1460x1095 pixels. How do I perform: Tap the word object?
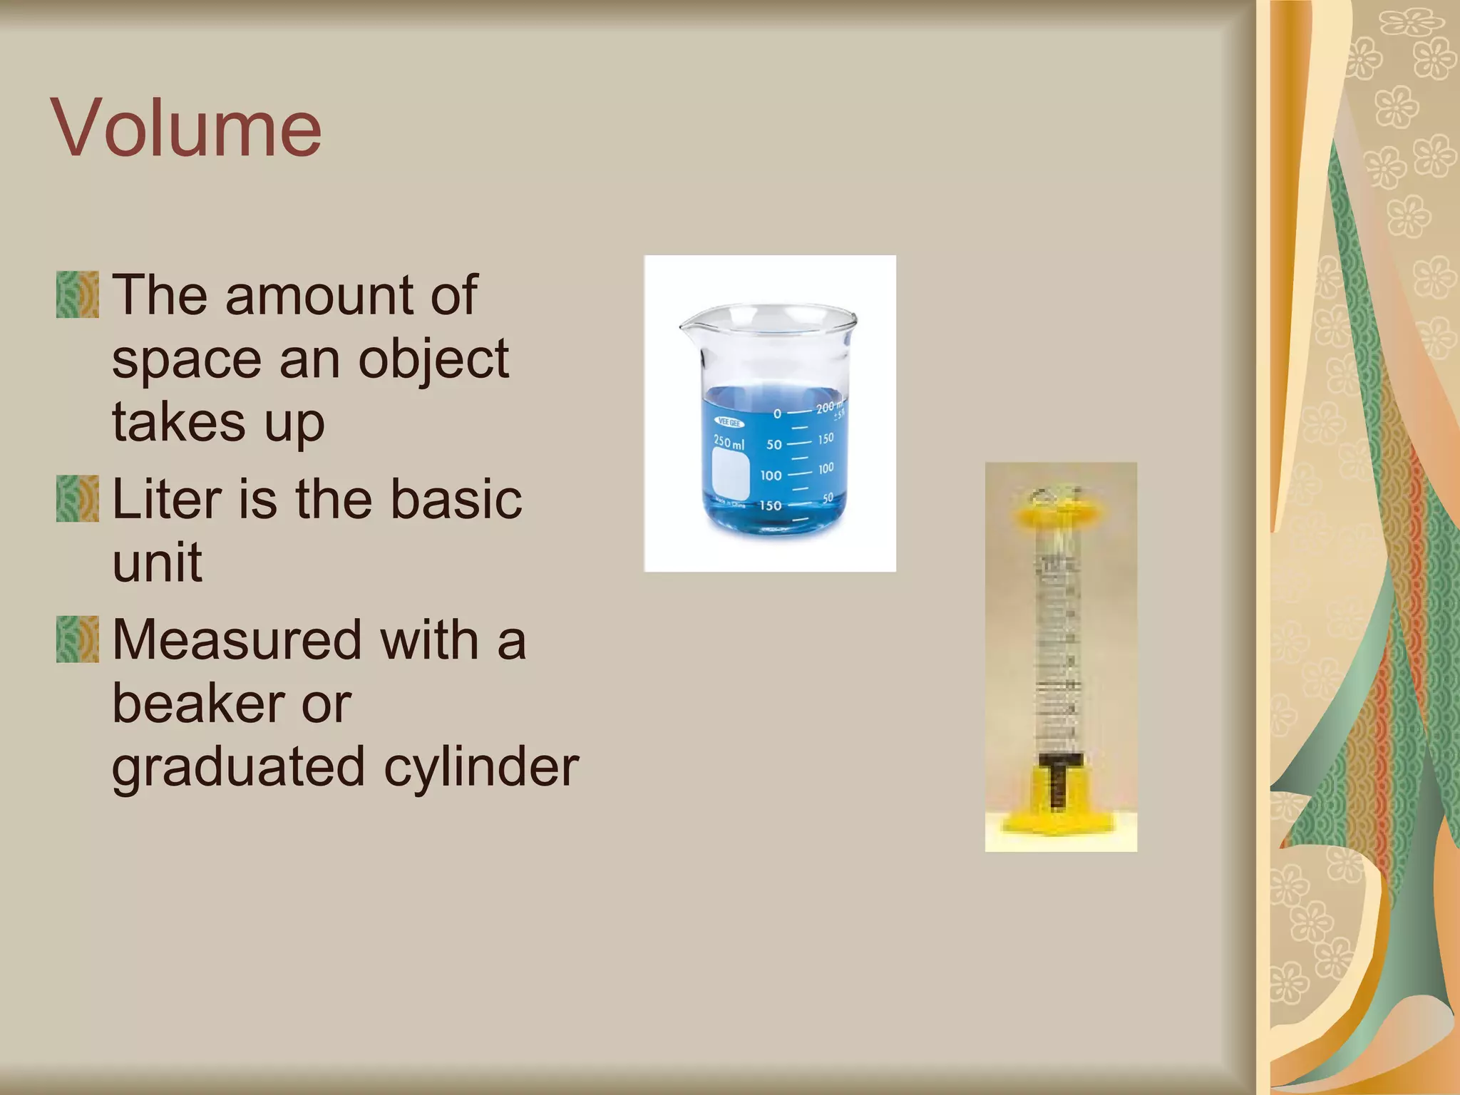click(x=433, y=361)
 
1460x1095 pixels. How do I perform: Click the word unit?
click(x=157, y=562)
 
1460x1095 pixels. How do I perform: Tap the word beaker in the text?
click(x=195, y=704)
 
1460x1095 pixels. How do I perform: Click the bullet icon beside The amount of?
click(x=78, y=294)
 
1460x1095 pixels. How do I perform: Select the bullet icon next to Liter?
click(x=78, y=499)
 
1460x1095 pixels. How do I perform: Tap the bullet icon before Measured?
click(x=78, y=639)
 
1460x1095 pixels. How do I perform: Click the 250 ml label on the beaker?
click(x=729, y=442)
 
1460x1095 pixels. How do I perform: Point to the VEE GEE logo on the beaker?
click(x=729, y=423)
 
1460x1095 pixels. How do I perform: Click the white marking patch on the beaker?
click(x=731, y=474)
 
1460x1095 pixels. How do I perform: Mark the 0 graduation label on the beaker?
click(x=777, y=413)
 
